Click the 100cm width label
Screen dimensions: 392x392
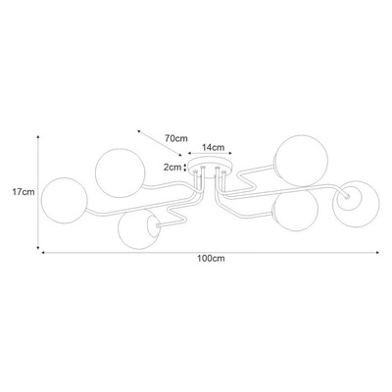click(211, 259)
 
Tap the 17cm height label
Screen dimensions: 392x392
click(24, 192)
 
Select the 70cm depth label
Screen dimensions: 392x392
click(176, 138)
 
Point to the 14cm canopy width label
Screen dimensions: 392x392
click(214, 148)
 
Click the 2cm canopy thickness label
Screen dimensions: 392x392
click(172, 168)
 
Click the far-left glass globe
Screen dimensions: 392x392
click(65, 200)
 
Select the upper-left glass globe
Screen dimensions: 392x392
click(120, 173)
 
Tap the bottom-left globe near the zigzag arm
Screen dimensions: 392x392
click(139, 228)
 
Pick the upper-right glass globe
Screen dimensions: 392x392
click(301, 161)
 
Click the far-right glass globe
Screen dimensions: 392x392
click(356, 204)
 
